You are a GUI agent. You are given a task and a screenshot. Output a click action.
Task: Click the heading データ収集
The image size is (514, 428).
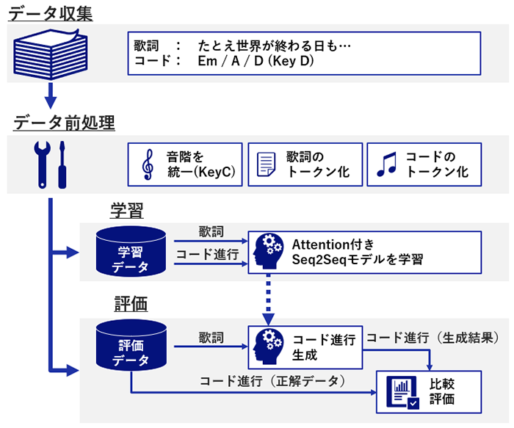(51, 12)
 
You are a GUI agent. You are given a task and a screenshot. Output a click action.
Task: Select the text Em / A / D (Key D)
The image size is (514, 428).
(256, 61)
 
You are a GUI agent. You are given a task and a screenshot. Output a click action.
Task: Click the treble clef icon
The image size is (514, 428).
(147, 165)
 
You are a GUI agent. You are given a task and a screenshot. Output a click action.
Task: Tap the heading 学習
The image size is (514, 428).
(126, 211)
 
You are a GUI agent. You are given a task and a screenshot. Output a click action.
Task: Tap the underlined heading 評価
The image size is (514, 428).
(131, 303)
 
